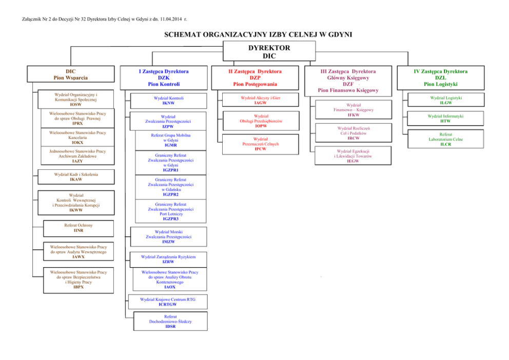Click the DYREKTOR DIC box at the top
[269, 52]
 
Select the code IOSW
[75, 104]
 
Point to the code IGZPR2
[170, 194]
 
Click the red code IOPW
[261, 126]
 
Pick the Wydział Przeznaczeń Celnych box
[260, 144]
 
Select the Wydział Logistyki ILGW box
[442, 100]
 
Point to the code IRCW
[353, 138]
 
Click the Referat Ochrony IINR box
[78, 228]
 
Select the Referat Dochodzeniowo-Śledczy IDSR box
[170, 321]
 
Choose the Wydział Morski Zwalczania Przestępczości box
[168, 236]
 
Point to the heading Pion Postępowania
[254, 84]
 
